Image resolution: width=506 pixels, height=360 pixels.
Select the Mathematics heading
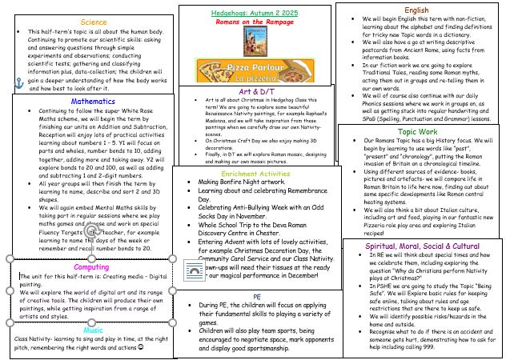(x=93, y=102)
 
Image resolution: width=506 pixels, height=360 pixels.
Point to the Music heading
(x=94, y=306)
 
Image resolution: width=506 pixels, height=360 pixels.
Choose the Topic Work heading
(x=418, y=130)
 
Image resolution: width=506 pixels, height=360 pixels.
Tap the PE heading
(x=255, y=295)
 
